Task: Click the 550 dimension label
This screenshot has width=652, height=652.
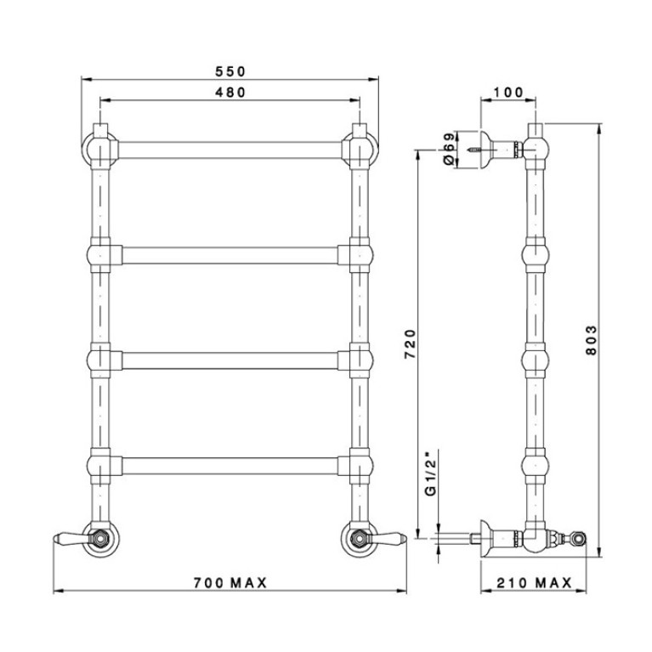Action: [x=230, y=71]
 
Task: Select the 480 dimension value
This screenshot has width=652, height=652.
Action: [x=230, y=93]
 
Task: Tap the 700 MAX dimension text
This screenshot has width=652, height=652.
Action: [x=230, y=583]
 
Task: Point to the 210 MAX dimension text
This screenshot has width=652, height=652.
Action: [x=535, y=583]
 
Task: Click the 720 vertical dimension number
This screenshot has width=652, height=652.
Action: [x=410, y=344]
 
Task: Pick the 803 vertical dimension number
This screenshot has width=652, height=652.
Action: [x=591, y=340]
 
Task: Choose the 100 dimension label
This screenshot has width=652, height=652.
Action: [x=508, y=93]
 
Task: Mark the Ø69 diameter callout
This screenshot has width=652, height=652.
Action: [x=448, y=149]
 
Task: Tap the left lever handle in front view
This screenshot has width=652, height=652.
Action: [x=71, y=537]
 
